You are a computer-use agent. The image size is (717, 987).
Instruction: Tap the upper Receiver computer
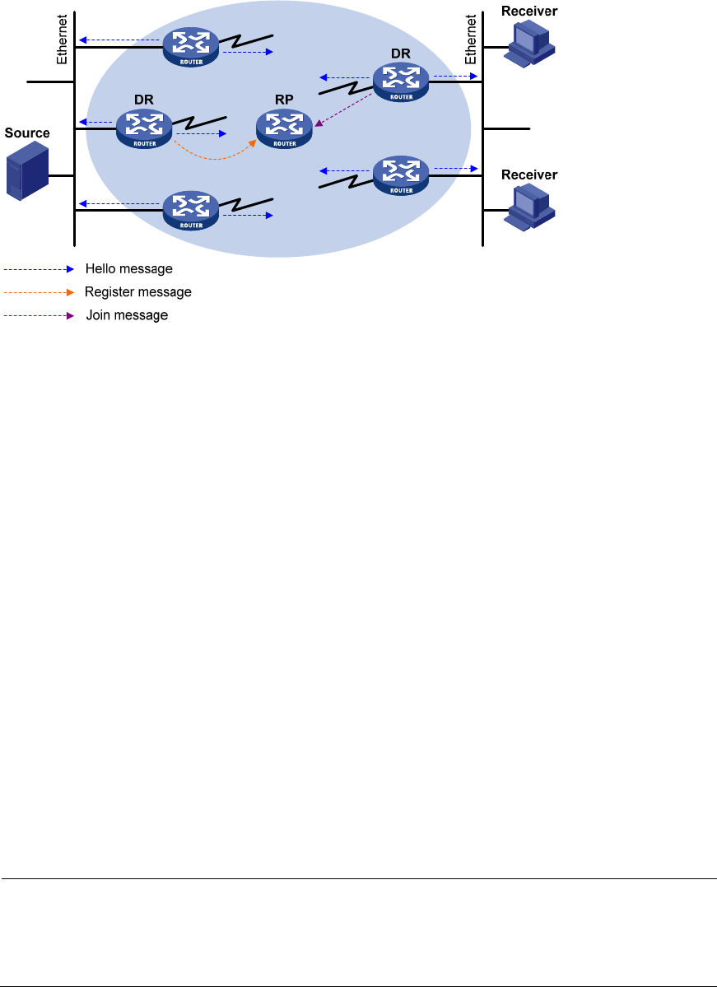(530, 43)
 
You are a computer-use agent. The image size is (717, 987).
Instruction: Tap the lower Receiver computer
(531, 206)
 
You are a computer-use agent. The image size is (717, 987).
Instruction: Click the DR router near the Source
(144, 129)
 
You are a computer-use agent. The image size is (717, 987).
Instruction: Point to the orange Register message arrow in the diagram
(216, 153)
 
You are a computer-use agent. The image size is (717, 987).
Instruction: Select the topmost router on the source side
(191, 47)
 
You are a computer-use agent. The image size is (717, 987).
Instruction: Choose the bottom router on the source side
(191, 210)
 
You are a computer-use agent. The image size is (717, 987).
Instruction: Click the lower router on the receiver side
(401, 174)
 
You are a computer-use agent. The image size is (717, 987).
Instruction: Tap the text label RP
(284, 100)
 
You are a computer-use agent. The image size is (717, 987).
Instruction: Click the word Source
(27, 133)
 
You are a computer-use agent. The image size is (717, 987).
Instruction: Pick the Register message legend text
(138, 292)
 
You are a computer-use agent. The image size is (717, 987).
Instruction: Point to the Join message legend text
(128, 315)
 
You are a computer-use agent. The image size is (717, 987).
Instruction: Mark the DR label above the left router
(144, 99)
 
